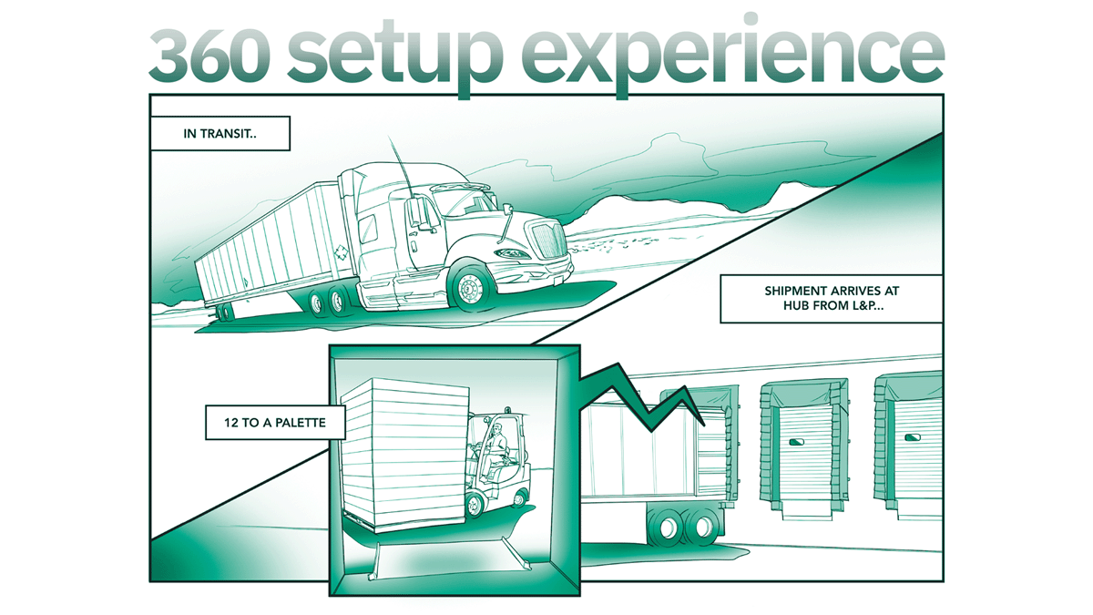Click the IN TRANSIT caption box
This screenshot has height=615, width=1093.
pos(220,133)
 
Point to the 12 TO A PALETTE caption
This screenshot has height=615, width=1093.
pos(266,422)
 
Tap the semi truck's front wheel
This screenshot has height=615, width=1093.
pos(471,287)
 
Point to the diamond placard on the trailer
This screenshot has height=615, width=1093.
pos(340,252)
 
